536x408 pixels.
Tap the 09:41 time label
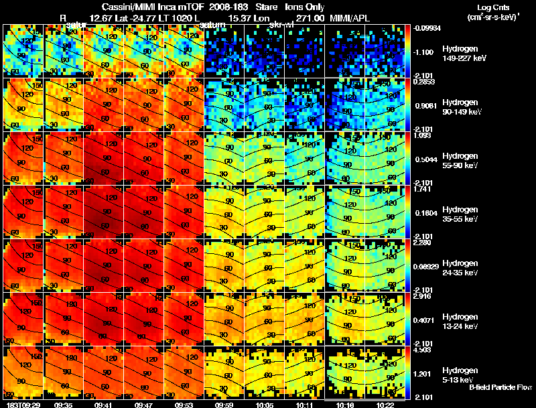coord(103,405)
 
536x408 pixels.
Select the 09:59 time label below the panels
coord(224,405)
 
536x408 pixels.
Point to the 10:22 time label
coord(385,405)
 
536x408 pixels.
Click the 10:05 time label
coord(264,405)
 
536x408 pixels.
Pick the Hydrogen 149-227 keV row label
coord(462,54)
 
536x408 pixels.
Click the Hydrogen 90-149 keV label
coord(460,107)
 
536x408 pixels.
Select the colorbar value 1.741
coord(421,190)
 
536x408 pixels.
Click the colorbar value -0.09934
coord(426,29)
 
